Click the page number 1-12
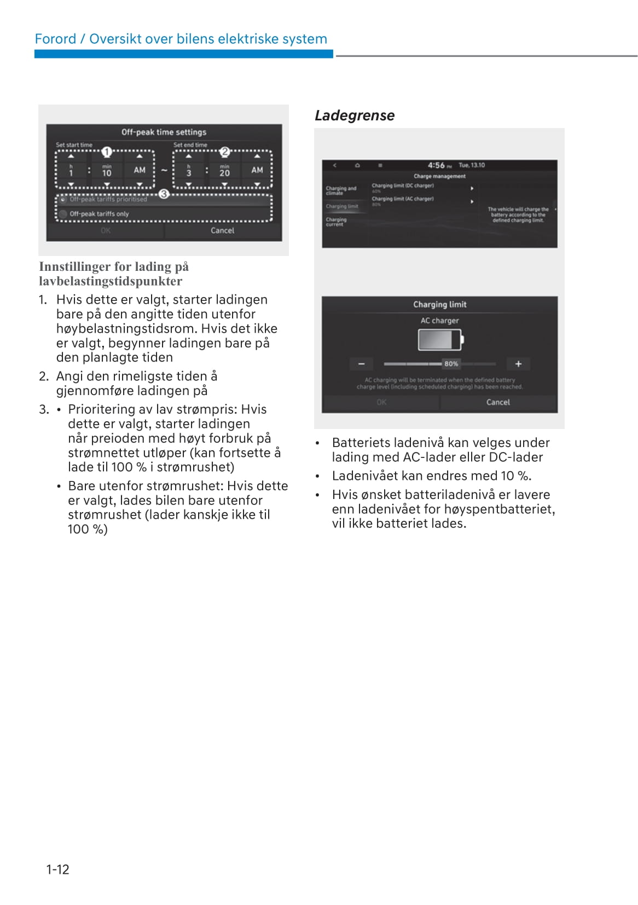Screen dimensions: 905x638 click(57, 869)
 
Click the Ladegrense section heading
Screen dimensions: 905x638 click(354, 115)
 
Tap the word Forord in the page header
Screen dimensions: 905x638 click(55, 39)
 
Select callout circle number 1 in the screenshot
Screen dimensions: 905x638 click(107, 152)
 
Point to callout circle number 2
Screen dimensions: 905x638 click(224, 152)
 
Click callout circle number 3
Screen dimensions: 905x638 click(163, 194)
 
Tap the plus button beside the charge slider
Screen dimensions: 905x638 click(518, 364)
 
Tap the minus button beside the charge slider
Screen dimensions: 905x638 click(361, 364)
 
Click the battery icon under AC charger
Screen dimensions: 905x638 click(440, 340)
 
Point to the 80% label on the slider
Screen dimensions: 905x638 click(451, 364)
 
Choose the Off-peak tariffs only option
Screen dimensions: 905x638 click(99, 214)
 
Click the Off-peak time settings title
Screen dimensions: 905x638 click(164, 132)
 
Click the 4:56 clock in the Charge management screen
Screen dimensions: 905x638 click(436, 165)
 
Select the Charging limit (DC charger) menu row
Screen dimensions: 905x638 click(403, 186)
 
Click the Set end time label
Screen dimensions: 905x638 click(190, 145)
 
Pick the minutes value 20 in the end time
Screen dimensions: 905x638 click(224, 173)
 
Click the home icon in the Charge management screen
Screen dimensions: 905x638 click(357, 165)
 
